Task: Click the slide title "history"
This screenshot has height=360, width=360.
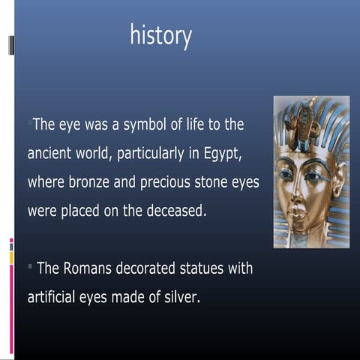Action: tap(160, 35)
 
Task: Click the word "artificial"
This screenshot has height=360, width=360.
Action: tap(55, 297)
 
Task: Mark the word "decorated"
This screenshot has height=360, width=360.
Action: tap(151, 268)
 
